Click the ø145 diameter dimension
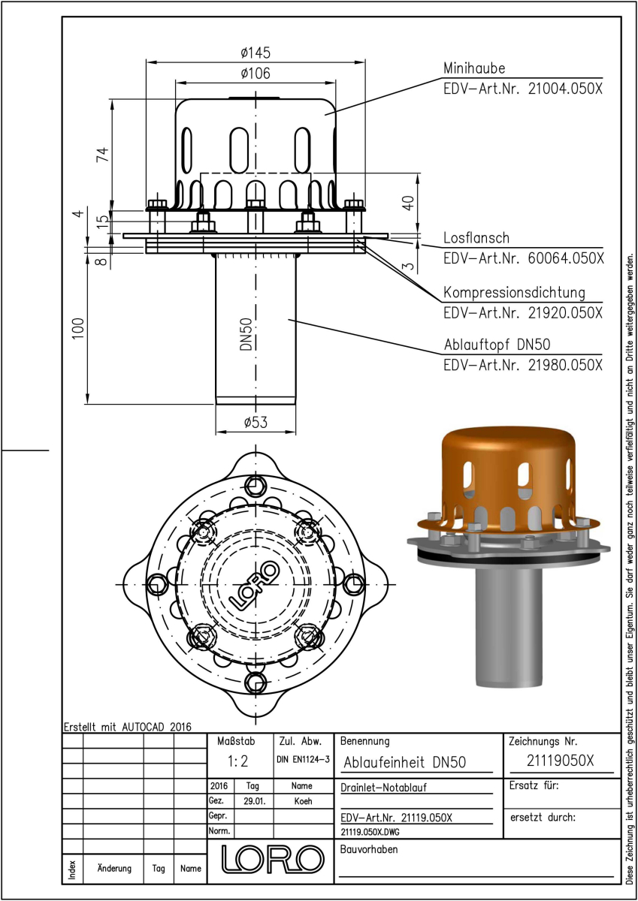(x=256, y=53)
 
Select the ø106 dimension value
(x=256, y=74)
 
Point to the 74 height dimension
(x=103, y=155)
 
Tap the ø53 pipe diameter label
(x=256, y=422)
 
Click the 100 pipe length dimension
(x=78, y=328)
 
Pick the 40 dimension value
(x=408, y=203)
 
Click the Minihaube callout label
(x=474, y=68)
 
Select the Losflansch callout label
(x=476, y=238)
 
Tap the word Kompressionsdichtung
(x=514, y=292)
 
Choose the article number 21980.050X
(x=565, y=365)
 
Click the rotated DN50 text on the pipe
(x=246, y=334)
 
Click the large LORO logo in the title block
(x=273, y=859)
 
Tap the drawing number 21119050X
(x=560, y=761)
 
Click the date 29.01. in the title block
(x=255, y=801)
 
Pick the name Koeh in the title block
(x=303, y=801)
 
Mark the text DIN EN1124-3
(x=303, y=759)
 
